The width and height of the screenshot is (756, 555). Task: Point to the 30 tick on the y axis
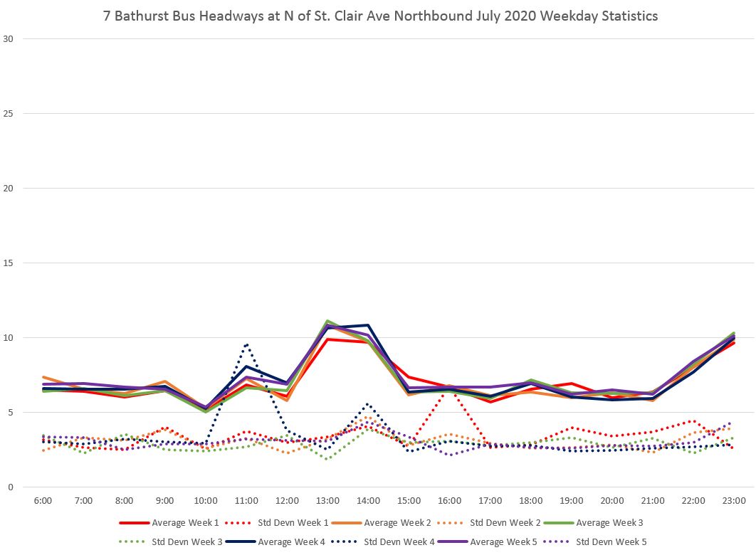(10, 39)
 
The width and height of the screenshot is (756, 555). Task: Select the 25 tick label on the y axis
(10, 114)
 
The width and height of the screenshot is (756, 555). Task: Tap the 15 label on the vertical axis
(10, 263)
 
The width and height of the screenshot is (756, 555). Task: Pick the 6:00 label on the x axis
(43, 501)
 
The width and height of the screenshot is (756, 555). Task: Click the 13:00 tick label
(327, 501)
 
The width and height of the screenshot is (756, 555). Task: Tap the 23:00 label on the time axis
(734, 501)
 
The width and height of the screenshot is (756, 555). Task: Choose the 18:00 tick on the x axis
(531, 501)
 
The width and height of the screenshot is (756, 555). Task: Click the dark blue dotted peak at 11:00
(246, 344)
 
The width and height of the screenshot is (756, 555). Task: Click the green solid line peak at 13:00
(327, 321)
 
